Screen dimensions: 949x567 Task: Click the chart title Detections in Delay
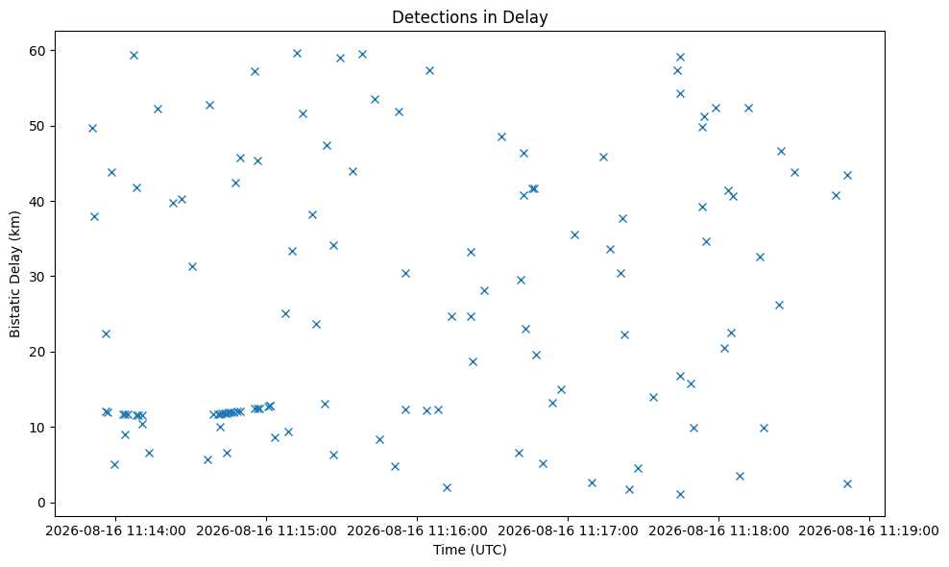tap(470, 17)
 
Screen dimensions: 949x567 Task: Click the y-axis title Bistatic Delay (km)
tap(15, 275)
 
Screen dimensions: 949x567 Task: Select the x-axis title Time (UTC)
tap(470, 550)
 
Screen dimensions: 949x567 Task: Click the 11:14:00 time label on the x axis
tap(115, 531)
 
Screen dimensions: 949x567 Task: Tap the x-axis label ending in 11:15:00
tap(266, 531)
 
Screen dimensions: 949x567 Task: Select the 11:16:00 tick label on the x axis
tap(417, 531)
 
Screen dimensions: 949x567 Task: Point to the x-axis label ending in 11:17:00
tap(568, 531)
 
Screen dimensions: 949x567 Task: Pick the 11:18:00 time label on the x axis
tap(719, 531)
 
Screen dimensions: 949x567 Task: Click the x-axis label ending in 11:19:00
tap(869, 531)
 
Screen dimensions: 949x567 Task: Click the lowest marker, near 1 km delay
tap(680, 494)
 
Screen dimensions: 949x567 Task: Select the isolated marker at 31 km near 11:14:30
tap(192, 266)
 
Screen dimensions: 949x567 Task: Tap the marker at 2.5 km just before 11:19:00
tap(847, 483)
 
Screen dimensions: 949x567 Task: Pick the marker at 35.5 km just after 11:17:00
tap(575, 235)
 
